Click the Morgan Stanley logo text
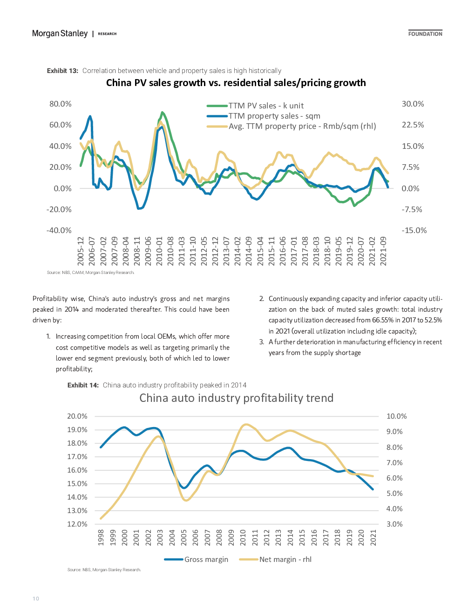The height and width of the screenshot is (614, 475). point(60,33)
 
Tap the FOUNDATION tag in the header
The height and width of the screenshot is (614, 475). point(425,34)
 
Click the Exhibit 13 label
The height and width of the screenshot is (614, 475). point(62,71)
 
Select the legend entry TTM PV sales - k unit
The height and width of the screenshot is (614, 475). point(255,106)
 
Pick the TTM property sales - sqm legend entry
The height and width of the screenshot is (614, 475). point(264,116)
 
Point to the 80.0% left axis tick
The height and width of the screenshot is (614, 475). point(60,104)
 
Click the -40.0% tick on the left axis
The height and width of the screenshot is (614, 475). point(59,230)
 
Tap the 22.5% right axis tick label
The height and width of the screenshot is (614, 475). point(413,125)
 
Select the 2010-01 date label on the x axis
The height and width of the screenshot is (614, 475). point(159,251)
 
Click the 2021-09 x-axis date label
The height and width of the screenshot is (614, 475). point(383,251)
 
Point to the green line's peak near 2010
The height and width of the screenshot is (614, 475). point(162,113)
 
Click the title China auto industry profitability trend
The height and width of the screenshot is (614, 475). point(237,398)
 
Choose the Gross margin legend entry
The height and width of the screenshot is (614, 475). point(196,560)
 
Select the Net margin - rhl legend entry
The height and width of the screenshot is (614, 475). point(275,560)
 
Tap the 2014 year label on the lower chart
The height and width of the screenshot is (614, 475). point(290,537)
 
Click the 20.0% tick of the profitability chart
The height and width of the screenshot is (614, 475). point(77,416)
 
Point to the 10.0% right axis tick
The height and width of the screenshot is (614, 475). point(397,416)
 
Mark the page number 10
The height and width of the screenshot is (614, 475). point(36,599)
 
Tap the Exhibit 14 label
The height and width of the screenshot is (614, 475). point(83,385)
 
